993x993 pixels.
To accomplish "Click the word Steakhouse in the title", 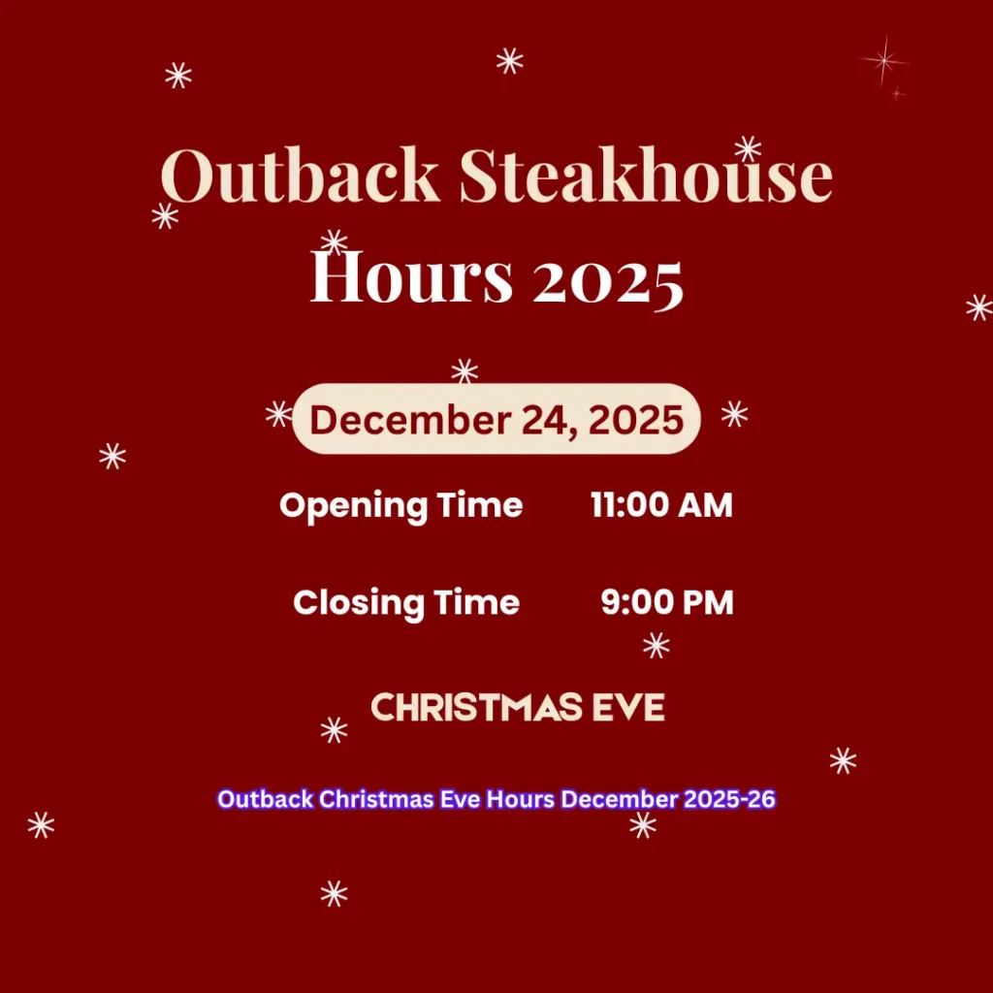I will click(646, 177).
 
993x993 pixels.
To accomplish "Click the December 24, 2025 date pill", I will click(496, 420).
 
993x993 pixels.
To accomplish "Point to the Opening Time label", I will click(400, 505).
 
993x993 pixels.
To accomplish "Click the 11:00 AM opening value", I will click(661, 505).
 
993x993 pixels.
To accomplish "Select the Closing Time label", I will click(406, 602).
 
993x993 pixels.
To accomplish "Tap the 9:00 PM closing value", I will click(667, 602).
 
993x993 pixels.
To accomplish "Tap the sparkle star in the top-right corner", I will click(884, 61).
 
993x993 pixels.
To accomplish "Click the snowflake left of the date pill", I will click(279, 415).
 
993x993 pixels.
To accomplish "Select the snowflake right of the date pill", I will click(735, 414).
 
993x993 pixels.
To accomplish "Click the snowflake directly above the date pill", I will click(464, 370).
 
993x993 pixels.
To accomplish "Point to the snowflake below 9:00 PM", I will click(657, 645).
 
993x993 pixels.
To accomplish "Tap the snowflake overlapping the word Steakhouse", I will click(748, 148).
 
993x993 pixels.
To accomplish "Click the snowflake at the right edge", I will click(979, 307).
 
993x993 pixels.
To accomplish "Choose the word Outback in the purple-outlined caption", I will click(265, 800).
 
